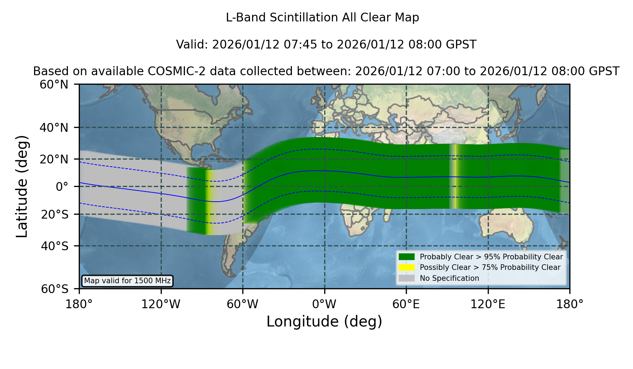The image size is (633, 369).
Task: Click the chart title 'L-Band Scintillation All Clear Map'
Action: pos(322,18)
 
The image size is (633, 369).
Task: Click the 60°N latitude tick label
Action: pos(54,85)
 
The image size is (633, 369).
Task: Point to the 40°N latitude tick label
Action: pos(54,128)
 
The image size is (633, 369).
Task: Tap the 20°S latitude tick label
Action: pos(55,214)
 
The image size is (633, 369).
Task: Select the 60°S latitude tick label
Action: pos(55,289)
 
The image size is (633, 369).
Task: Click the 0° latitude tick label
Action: pos(62,187)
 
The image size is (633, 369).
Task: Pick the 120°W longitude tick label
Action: pos(161,304)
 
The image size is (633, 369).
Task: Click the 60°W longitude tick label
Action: pos(243,304)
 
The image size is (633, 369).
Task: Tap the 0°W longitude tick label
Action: pos(325,304)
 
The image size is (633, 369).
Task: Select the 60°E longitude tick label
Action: pos(406,304)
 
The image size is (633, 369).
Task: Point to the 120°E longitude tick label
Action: pos(488,304)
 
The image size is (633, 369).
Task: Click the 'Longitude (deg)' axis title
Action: pos(324,322)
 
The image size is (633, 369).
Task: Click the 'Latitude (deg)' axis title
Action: pos(22,186)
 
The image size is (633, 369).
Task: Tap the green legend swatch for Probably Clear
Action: pos(407,257)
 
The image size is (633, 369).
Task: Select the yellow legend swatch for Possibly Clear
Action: pos(407,267)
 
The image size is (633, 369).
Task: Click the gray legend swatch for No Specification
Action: pos(407,278)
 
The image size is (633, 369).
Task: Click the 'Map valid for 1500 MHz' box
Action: pos(127,281)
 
